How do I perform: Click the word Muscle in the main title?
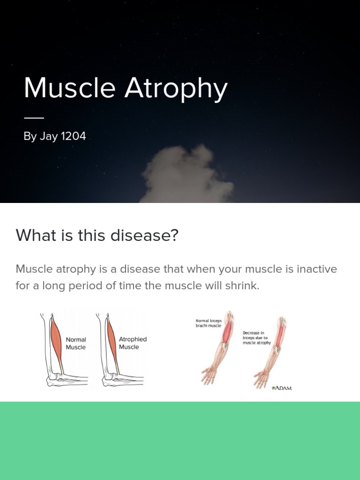(x=70, y=88)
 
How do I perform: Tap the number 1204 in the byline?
(x=74, y=136)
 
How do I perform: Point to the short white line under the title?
(x=34, y=118)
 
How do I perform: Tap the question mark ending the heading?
(x=174, y=235)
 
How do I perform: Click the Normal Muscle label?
(x=76, y=343)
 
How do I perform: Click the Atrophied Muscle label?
(x=133, y=343)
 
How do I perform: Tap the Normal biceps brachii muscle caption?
(x=209, y=323)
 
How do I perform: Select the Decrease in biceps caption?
(x=256, y=338)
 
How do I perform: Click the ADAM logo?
(x=282, y=388)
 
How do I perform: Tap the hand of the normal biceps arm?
(x=209, y=375)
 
